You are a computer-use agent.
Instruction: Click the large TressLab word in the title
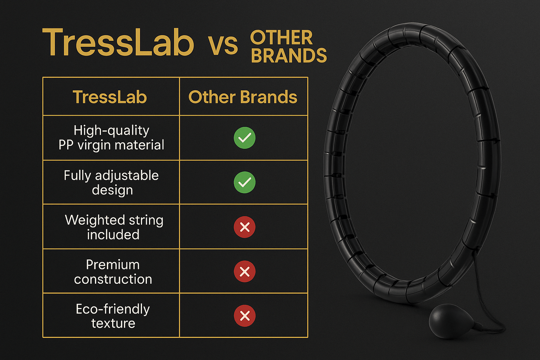tap(118, 43)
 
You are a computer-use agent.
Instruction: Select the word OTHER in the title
tap(281, 38)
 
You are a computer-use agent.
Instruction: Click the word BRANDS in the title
tap(289, 56)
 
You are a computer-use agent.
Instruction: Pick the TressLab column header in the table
tap(109, 97)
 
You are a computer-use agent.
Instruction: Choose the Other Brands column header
tap(243, 97)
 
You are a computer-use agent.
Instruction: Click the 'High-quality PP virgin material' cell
tap(111, 138)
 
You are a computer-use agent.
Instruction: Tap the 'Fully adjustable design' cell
tap(111, 182)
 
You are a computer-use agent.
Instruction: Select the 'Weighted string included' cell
tap(113, 227)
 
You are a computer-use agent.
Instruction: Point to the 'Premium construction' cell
tap(113, 272)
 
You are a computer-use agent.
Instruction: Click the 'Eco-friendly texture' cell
tap(113, 316)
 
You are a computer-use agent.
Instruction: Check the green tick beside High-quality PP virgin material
tap(245, 138)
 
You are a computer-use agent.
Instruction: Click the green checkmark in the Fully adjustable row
tap(245, 182)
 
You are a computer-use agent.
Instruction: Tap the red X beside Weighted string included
tap(245, 227)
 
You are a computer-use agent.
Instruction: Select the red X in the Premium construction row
tap(245, 271)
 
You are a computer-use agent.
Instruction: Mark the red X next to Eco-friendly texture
tap(245, 316)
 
